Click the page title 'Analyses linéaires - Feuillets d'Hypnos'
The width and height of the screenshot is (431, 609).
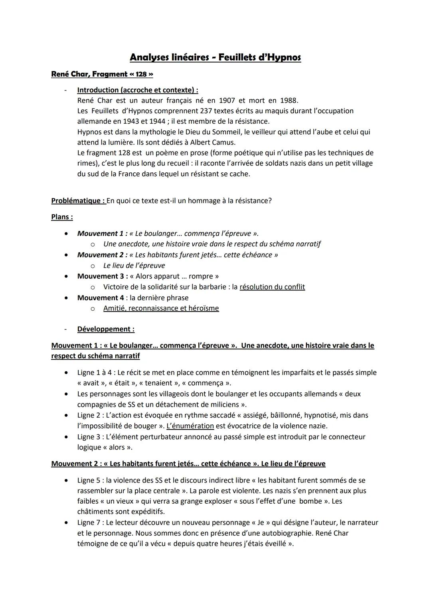pyautogui.click(x=215, y=57)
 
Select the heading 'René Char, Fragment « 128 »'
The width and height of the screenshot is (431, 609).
pyautogui.click(x=102, y=74)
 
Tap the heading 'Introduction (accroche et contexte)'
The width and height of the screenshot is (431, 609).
pyautogui.click(x=137, y=90)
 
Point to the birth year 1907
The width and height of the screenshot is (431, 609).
pyautogui.click(x=227, y=101)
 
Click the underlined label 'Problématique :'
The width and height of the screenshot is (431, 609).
pyautogui.click(x=78, y=201)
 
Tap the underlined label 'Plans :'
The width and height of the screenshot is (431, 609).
pyautogui.click(x=62, y=217)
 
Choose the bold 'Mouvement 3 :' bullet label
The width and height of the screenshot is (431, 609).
pyautogui.click(x=103, y=276)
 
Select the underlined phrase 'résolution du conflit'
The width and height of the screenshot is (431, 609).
pyautogui.click(x=272, y=287)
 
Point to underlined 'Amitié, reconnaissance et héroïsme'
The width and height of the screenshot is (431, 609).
pyautogui.click(x=161, y=308)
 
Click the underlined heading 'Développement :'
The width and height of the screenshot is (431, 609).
pyautogui.click(x=106, y=329)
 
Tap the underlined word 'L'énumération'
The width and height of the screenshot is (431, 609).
pyautogui.click(x=190, y=426)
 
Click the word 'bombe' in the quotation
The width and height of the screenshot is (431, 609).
pyautogui.click(x=309, y=501)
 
